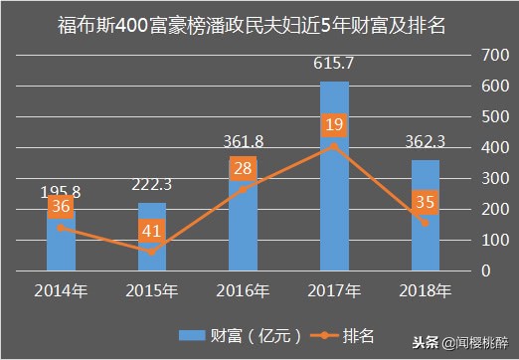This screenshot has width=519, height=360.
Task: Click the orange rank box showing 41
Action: point(152,231)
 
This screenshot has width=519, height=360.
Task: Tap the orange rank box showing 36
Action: point(61,207)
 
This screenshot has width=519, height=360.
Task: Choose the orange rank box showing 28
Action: point(244,169)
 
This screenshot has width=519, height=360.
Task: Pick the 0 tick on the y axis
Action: point(484,270)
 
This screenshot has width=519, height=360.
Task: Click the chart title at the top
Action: point(259,22)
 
